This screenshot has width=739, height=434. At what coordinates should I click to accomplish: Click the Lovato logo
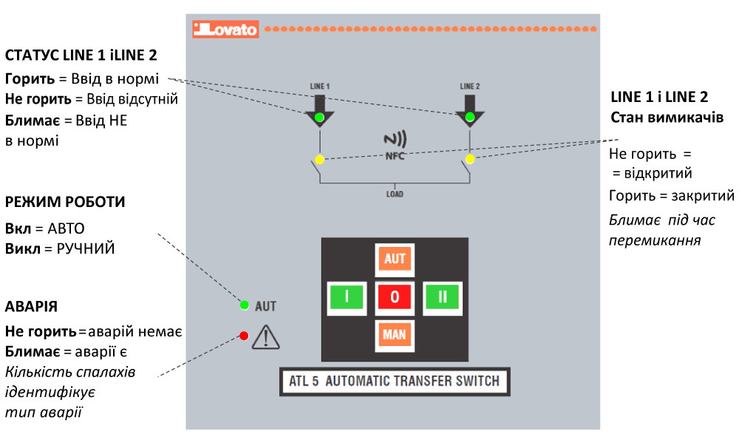[x=225, y=30]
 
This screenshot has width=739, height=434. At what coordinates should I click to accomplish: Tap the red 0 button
[x=395, y=297]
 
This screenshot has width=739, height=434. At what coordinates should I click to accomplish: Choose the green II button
[x=443, y=297]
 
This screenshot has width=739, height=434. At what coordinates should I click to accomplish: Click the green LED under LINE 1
[x=319, y=118]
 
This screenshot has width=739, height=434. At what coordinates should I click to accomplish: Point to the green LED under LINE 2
[x=470, y=118]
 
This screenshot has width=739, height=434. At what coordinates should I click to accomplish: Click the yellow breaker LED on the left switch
[x=319, y=160]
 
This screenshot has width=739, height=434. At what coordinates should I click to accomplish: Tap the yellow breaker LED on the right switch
[x=470, y=160]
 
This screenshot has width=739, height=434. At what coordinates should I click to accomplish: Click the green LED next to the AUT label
[x=245, y=305]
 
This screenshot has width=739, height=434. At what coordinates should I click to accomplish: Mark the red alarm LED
[x=244, y=336]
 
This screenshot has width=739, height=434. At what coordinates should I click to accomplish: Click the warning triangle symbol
[x=264, y=338]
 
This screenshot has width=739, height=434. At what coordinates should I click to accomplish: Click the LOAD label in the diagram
[x=395, y=195]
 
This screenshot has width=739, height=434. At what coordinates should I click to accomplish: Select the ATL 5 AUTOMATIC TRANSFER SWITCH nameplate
[x=395, y=382]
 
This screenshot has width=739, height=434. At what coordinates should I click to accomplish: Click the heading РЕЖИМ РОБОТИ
[x=65, y=202]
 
